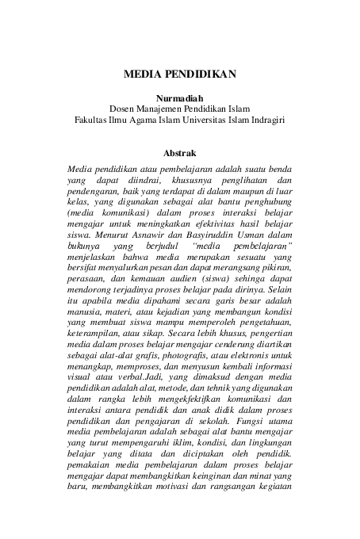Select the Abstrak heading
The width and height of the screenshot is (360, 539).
pyautogui.click(x=179, y=152)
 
